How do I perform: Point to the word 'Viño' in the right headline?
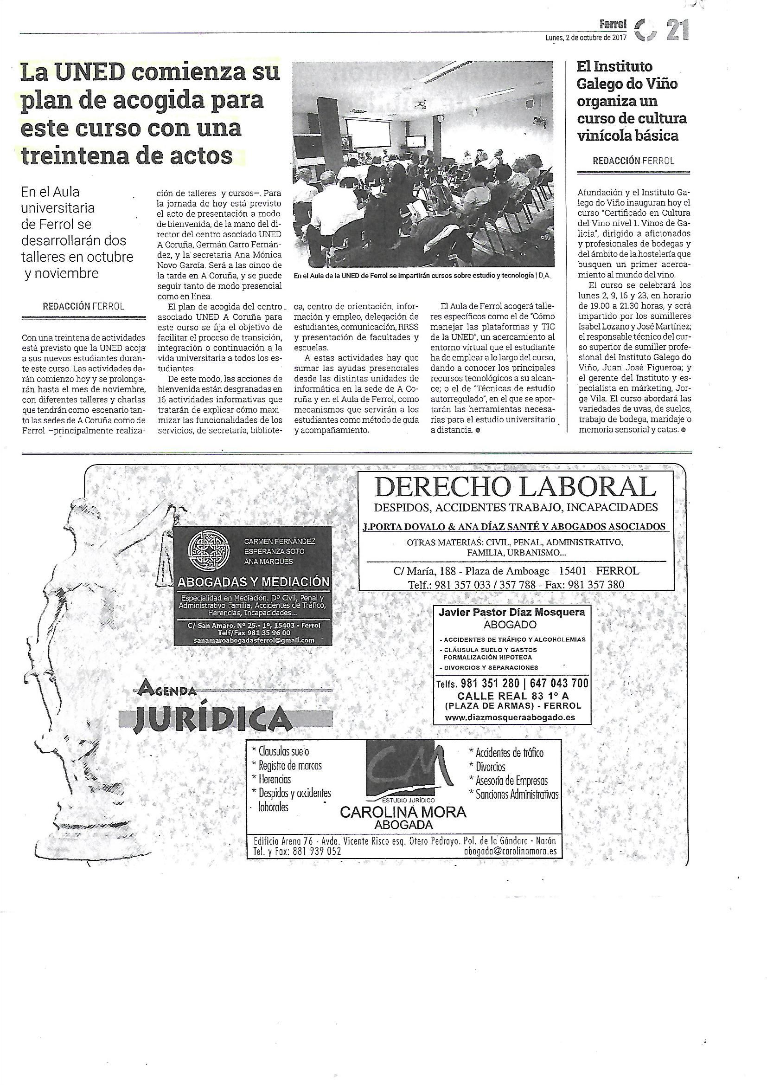click(x=660, y=84)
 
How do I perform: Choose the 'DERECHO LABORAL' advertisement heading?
click(x=515, y=487)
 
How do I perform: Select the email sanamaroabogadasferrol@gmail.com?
click(x=254, y=640)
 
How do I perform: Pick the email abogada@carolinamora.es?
click(x=510, y=852)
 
